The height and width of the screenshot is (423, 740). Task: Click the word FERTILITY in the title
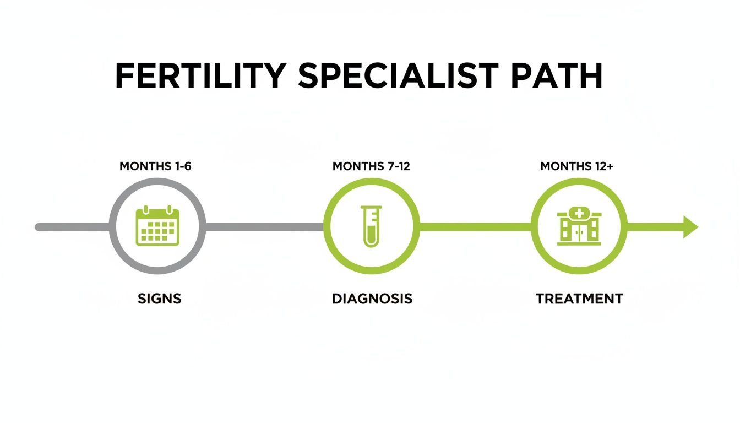click(200, 77)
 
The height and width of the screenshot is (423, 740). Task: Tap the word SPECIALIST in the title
click(398, 77)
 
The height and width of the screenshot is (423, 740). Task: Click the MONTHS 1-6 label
click(155, 166)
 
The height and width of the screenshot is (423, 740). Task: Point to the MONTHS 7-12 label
click(371, 166)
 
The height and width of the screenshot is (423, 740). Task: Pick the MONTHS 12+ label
click(576, 166)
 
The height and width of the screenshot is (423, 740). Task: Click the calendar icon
click(157, 226)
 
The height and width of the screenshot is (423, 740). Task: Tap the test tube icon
click(371, 226)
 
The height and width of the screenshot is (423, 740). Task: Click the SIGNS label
click(160, 299)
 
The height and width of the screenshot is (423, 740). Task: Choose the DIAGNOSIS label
click(372, 299)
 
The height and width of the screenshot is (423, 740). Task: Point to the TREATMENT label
click(579, 299)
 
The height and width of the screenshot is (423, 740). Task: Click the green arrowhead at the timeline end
click(690, 227)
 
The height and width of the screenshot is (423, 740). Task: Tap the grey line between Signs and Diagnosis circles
click(264, 227)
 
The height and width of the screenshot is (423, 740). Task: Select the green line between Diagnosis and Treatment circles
click(475, 227)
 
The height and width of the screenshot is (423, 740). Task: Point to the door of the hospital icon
click(579, 235)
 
